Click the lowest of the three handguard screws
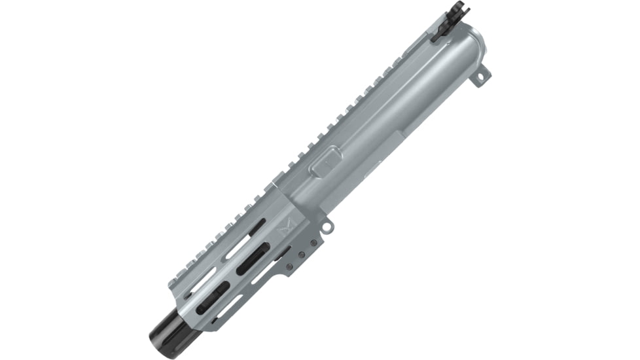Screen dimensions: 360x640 point(289,267)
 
